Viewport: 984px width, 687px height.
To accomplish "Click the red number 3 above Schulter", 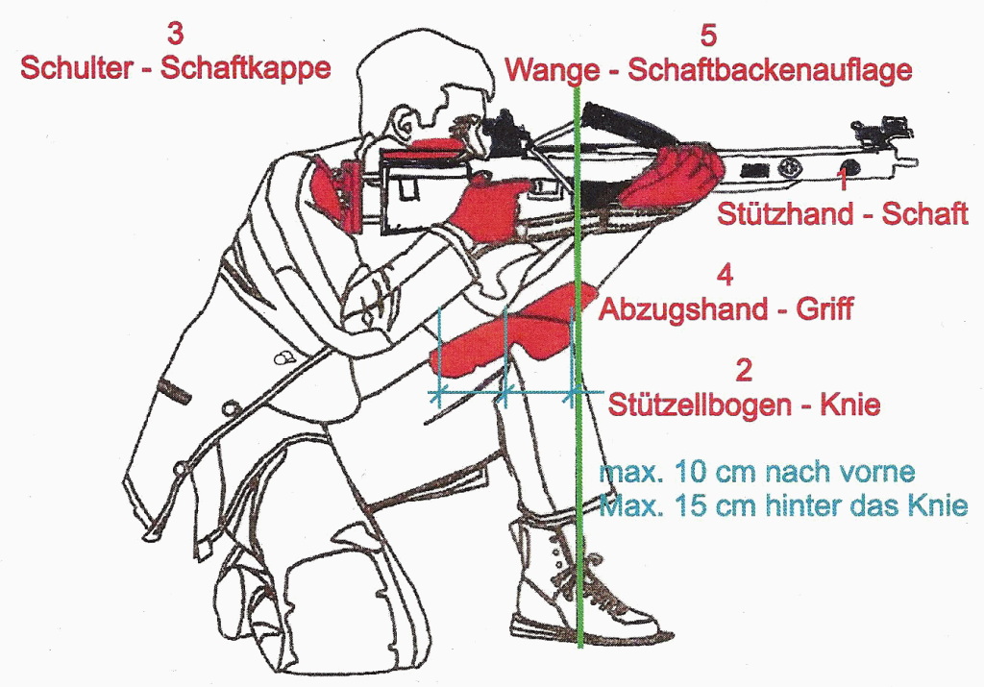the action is tap(175, 34).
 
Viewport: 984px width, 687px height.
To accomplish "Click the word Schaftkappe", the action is tap(245, 68).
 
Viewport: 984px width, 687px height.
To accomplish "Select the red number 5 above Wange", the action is tap(708, 36).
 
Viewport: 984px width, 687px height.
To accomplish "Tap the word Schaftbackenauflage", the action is tap(770, 69).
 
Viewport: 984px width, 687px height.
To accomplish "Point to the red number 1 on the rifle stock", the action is tap(844, 180).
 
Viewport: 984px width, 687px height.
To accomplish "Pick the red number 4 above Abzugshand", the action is tap(725, 276).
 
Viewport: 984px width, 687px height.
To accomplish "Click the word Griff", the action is tap(824, 308).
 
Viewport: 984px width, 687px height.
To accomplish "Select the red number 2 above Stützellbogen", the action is tap(743, 370).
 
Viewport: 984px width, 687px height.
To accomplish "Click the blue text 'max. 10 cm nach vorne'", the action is tap(757, 471).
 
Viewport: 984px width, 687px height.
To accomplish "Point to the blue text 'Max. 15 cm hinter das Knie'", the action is tap(783, 505).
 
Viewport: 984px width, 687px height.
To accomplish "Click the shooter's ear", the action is tap(404, 127).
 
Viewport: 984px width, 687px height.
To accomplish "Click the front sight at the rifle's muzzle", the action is tap(895, 130).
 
